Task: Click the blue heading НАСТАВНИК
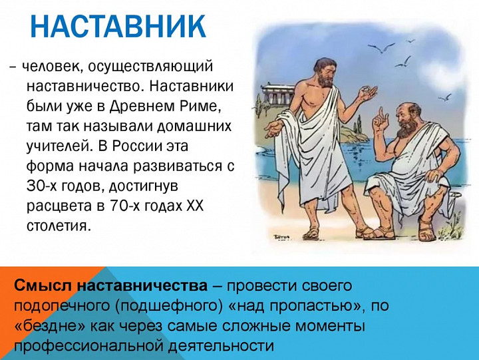[118, 26]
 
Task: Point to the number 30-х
[42, 186]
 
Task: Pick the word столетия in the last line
[59, 226]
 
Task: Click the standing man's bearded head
[325, 73]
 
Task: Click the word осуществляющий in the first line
[150, 67]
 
